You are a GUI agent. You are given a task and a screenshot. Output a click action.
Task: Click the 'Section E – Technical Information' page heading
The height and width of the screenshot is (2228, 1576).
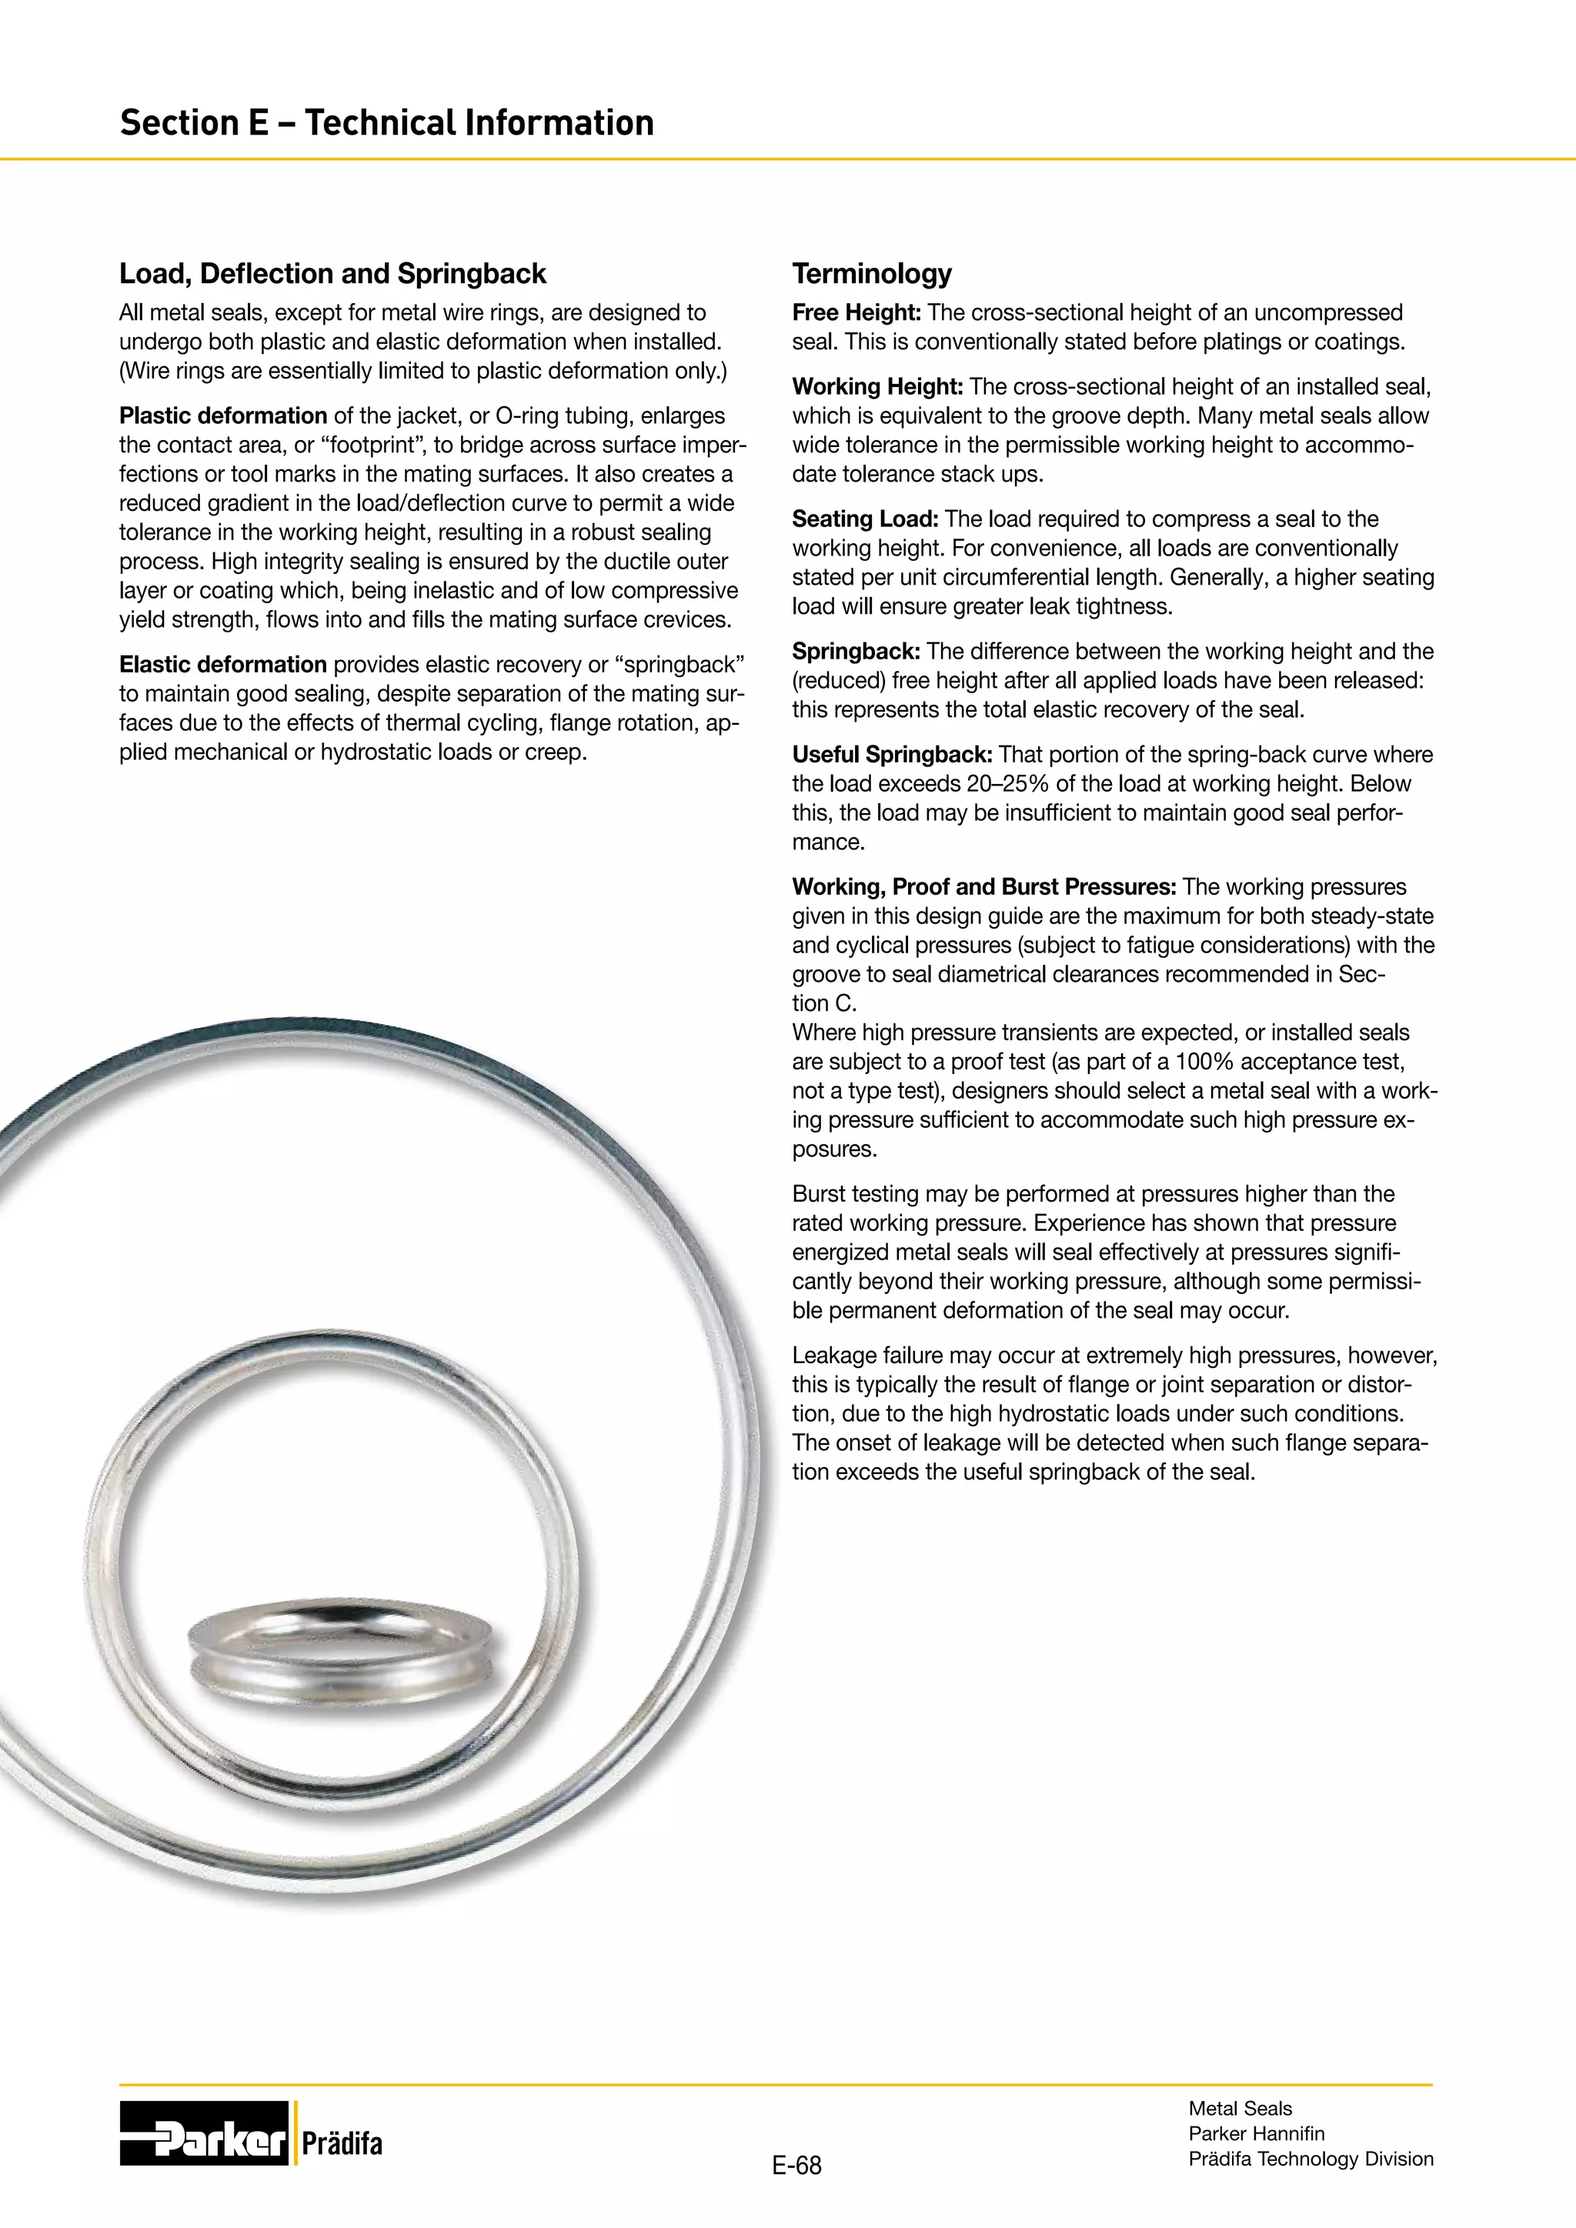(x=386, y=123)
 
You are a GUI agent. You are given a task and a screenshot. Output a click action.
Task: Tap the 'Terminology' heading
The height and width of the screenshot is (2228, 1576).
(x=871, y=274)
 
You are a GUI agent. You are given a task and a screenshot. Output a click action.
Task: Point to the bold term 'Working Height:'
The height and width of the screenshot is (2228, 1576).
(x=877, y=386)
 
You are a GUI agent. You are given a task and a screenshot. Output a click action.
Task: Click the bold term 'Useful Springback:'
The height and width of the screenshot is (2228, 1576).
(x=892, y=755)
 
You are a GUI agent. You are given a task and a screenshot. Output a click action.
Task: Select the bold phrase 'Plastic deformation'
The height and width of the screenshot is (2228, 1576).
(x=222, y=415)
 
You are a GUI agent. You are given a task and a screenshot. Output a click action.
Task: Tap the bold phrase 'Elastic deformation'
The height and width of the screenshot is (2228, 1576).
(x=222, y=665)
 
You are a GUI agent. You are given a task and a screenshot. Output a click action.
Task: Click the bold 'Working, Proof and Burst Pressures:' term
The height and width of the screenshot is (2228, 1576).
(x=984, y=887)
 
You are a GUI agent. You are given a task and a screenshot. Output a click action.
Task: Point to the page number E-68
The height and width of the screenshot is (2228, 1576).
(x=796, y=2165)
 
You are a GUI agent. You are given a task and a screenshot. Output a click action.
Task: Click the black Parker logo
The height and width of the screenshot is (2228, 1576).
(x=204, y=2133)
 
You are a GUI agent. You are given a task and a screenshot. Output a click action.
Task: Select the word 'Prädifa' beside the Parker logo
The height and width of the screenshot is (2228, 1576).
(x=342, y=2143)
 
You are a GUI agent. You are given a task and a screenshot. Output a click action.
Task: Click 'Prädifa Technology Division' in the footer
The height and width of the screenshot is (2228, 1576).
(x=1310, y=2158)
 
